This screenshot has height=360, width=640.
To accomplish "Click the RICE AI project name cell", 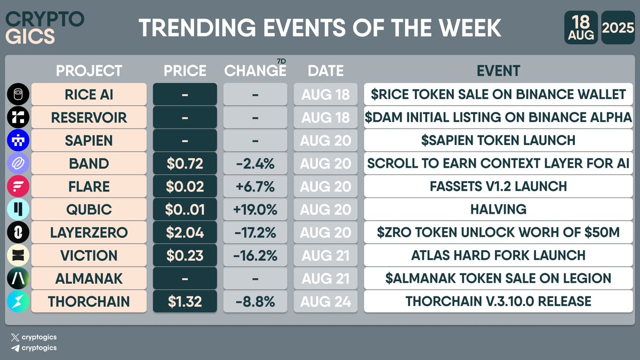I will click(89, 94).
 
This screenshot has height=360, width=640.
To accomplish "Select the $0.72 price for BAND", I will click(185, 163).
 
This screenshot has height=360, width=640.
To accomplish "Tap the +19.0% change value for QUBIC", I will click(255, 209).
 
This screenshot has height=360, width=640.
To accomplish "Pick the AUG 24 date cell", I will click(325, 301).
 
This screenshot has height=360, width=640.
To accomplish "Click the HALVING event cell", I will click(498, 209).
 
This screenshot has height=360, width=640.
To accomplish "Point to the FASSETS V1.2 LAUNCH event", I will click(498, 186).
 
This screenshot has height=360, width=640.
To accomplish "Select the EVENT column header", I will click(498, 70).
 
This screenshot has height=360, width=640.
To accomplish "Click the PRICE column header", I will click(185, 70).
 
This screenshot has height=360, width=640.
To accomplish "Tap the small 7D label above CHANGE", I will click(282, 61).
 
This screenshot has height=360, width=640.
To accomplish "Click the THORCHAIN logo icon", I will click(18, 301).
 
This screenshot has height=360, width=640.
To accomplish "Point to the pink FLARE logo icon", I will click(18, 186).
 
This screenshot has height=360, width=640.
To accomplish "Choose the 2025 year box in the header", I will click(618, 28).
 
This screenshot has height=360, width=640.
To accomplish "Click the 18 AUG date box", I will click(581, 28).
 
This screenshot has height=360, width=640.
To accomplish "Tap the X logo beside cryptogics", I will click(14, 337).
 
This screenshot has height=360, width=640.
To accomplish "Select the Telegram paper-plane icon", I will click(14, 348).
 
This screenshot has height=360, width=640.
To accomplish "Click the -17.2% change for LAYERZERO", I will click(255, 232).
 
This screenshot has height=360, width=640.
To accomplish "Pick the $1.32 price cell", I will click(185, 301).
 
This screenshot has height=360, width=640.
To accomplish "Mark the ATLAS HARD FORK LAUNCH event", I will click(498, 255).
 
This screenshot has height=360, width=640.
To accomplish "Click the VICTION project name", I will click(89, 255).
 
